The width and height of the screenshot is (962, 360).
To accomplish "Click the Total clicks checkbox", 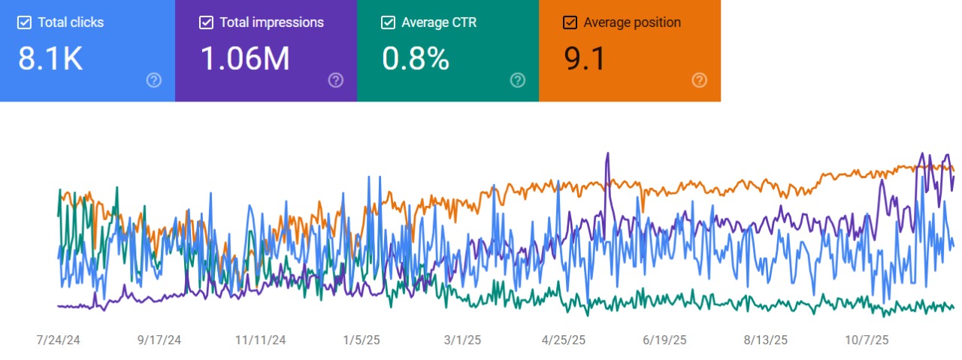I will point(25,23).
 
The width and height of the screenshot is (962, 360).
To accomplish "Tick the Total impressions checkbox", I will point(207,23).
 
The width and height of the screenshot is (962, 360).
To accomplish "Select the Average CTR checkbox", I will point(389,23).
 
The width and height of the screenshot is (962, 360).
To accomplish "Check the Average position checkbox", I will point(570,23).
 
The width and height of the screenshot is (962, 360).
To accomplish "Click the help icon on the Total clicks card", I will point(154,80).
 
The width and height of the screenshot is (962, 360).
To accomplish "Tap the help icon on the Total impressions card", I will point(336,80).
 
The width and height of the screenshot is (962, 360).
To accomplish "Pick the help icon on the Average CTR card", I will point(518,80).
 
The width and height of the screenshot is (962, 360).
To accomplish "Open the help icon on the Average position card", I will point(700,80).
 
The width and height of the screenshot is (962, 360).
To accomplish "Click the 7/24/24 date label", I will point(58,340).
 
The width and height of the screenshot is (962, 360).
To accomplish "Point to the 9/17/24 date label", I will point(159,340).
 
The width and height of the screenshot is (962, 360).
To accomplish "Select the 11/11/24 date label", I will point(261,340).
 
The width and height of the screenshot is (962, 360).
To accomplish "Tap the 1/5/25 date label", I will point(362,340).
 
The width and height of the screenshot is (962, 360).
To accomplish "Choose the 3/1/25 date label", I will point(462,340).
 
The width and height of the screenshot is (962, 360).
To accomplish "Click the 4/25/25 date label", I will point(564,340).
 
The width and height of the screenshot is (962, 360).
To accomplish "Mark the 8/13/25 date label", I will point(766,340).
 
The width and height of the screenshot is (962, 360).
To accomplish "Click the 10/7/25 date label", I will point(867,340).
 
